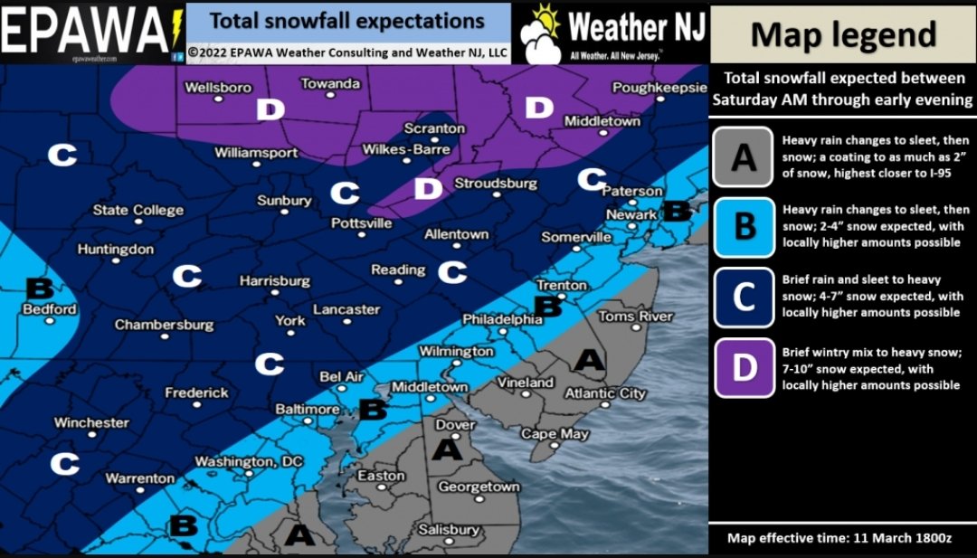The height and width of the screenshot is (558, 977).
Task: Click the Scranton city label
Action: pos(434,128)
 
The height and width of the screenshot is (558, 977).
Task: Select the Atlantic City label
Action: pos(605,393)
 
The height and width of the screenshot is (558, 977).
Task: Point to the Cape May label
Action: pos(555,434)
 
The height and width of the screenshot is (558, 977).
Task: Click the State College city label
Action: pos(138,211)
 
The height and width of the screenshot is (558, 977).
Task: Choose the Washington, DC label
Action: pos(249,462)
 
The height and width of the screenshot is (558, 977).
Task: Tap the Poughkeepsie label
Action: pos(659,88)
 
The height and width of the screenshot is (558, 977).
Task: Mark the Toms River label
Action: pos(635,316)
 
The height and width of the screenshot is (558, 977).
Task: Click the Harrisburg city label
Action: pos(274,281)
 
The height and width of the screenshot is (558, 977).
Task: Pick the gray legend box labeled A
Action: pos(744,156)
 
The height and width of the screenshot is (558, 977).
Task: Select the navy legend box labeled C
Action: pos(744,297)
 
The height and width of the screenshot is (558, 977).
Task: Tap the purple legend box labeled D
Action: pos(744,367)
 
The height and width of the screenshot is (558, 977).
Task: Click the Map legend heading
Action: pos(842,34)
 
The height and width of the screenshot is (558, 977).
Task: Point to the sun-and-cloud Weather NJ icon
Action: pos(542,33)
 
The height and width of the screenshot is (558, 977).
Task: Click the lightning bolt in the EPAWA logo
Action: pos(175,30)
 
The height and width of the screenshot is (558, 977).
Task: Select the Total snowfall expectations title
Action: pos(347,21)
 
